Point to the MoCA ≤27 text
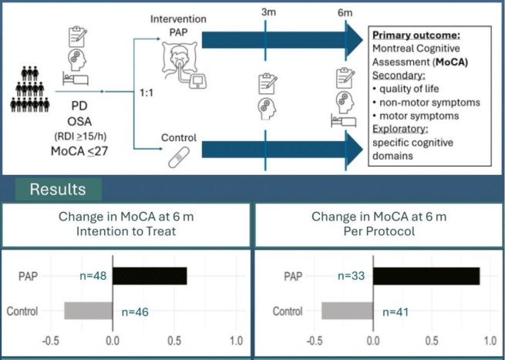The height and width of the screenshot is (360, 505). tap(79, 150)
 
